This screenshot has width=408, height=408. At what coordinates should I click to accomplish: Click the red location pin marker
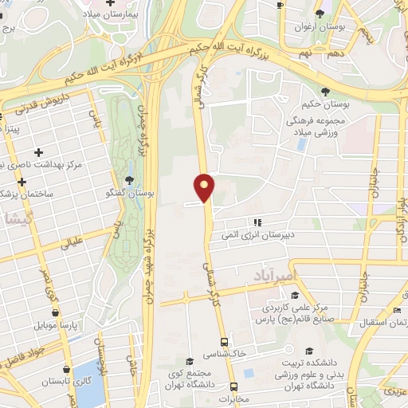205,186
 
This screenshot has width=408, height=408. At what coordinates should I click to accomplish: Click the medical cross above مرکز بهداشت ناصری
37,151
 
